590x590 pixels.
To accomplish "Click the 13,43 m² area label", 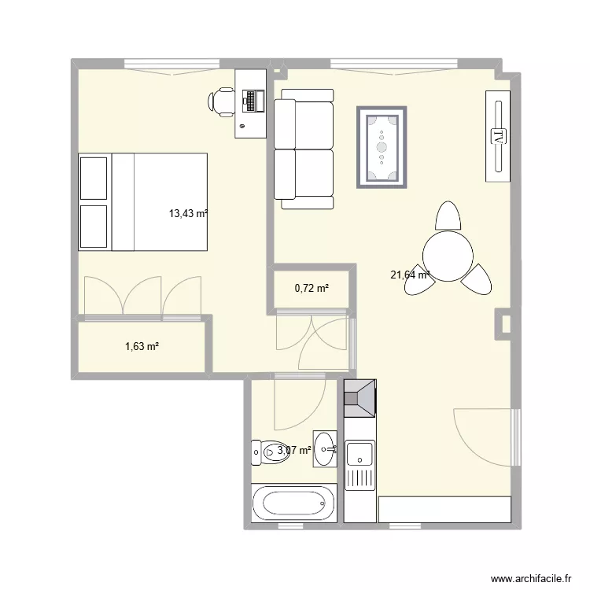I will click(188, 212).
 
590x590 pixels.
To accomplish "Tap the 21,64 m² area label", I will click(410, 275).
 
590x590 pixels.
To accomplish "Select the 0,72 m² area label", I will click(312, 289).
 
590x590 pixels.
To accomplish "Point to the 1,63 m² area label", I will click(142, 345).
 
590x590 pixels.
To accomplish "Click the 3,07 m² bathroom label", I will click(294, 450).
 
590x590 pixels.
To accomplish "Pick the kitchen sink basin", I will click(360, 453).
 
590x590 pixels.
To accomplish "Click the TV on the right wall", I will click(498, 136).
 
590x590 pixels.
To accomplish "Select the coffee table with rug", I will click(382, 147).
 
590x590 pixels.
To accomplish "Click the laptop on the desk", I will click(253, 101).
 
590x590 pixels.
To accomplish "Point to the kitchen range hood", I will click(360, 397).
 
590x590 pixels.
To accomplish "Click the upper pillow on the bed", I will click(94, 178).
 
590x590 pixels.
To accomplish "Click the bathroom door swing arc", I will click(311, 409).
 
